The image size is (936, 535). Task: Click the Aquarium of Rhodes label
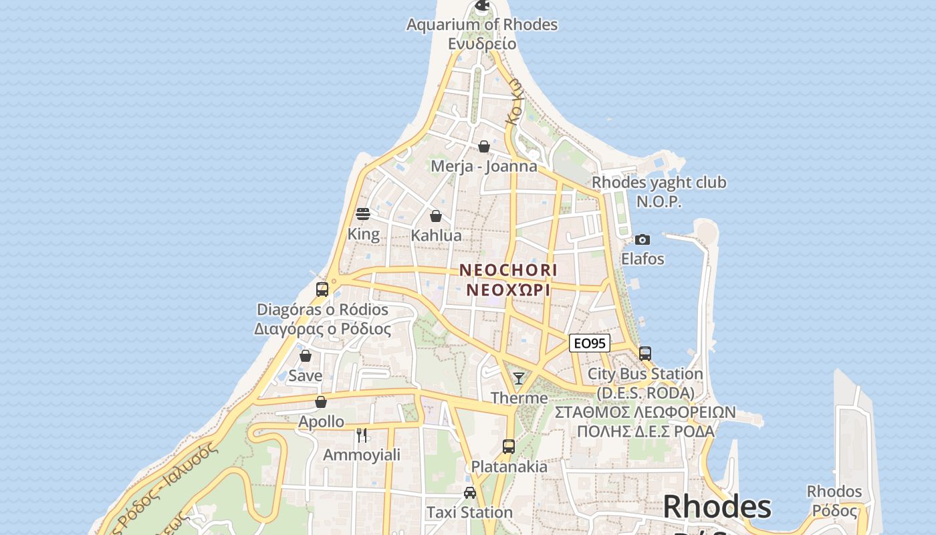coord(481,25)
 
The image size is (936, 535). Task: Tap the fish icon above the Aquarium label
coord(482,6)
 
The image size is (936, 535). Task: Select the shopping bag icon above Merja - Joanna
coord(484,146)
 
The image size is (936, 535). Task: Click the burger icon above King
coord(363,214)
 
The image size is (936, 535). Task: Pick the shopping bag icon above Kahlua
coord(436,216)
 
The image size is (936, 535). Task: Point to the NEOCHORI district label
coord(508,270)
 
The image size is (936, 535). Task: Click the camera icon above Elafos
coord(642,239)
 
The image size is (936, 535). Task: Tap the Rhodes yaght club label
coord(659,183)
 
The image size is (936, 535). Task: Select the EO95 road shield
coord(590,344)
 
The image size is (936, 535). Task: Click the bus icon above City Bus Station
coord(645,354)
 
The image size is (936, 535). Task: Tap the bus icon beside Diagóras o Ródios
coord(322,290)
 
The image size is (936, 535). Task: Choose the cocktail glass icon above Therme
coord(518,379)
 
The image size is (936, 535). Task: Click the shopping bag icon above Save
coord(306,356)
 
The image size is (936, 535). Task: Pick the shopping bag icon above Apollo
coord(321,402)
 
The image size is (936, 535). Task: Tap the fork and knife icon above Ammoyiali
coord(362,435)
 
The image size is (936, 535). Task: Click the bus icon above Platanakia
coord(509,447)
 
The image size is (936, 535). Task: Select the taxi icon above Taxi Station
coord(470,493)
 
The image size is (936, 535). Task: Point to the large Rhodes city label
coord(717,507)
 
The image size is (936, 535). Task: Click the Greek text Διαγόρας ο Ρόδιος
coord(322,329)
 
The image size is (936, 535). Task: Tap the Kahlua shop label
coord(436,235)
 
